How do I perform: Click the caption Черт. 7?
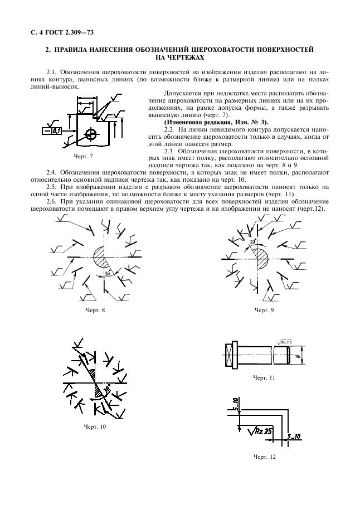(x=83, y=156)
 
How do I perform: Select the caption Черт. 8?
(x=95, y=310)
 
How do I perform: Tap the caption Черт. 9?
(x=264, y=310)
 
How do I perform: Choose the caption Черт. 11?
(x=264, y=377)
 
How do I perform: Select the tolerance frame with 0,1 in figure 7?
(x=53, y=131)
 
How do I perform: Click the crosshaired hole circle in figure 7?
(x=90, y=134)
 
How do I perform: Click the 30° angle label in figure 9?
(x=253, y=243)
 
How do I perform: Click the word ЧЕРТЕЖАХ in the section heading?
(x=180, y=57)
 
